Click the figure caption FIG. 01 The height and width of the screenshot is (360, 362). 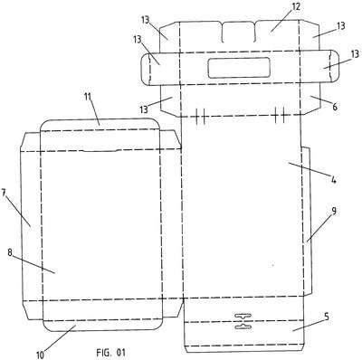pos(110,352)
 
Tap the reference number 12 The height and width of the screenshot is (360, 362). pos(295,6)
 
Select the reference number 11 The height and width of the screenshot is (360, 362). pos(88,97)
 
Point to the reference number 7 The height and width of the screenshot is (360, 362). pos(4,193)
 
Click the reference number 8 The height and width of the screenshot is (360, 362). pos(10,252)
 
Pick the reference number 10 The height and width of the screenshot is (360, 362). pos(40,355)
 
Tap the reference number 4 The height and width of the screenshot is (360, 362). pos(333,180)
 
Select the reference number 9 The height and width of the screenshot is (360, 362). pos(333,211)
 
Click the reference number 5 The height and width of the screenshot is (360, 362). pos(326,317)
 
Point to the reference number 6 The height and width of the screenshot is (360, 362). pos(335,107)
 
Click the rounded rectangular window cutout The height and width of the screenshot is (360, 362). pos(239,68)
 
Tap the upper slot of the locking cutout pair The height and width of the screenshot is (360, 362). pos(243,317)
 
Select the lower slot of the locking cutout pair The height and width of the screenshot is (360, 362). pos(243,327)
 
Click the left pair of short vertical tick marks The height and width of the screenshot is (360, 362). pos(200,116)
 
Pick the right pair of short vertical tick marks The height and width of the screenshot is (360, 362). pos(280,115)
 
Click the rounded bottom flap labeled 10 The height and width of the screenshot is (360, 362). pos(102,326)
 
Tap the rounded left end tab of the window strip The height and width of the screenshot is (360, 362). pos(146,69)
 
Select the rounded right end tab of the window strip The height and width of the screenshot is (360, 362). pos(333,66)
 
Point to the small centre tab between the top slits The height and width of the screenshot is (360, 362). pos(238,32)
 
